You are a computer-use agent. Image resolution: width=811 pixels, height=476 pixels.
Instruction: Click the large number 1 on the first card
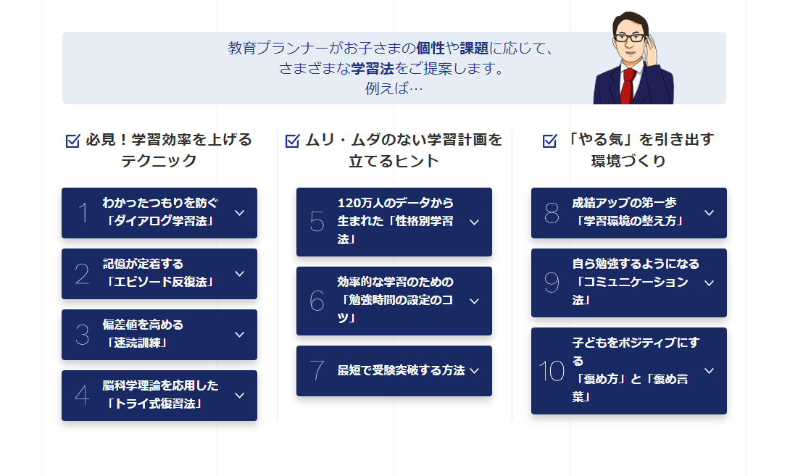(83, 213)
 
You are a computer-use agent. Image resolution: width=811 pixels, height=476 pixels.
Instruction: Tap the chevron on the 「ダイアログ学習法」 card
(239, 213)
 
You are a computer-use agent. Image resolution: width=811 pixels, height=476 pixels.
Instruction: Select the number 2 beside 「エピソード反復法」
(82, 274)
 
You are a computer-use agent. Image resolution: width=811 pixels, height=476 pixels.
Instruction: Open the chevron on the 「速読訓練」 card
(239, 335)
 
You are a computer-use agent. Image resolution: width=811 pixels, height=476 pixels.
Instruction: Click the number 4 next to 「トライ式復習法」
(82, 396)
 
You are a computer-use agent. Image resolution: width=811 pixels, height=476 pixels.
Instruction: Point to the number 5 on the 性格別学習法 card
(317, 222)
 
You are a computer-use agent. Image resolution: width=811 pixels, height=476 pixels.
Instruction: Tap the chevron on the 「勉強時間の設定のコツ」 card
(474, 301)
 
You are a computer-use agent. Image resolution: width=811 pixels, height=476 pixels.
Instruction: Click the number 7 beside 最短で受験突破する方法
(317, 371)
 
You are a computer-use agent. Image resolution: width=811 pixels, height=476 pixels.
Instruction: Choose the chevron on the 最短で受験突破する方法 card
(474, 371)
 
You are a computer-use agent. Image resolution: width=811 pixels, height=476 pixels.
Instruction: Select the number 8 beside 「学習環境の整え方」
(552, 213)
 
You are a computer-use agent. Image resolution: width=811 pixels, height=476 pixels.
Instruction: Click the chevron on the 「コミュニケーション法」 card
(709, 283)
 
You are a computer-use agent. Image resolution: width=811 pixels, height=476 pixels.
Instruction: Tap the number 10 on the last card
(552, 371)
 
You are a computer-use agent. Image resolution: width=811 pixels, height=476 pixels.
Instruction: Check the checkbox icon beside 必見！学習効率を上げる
(73, 140)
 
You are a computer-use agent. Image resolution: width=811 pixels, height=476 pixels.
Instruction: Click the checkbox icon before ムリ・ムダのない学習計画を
(292, 140)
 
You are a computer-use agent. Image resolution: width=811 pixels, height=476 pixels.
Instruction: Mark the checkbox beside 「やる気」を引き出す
(550, 140)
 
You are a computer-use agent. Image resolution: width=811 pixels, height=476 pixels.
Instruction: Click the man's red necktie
(628, 85)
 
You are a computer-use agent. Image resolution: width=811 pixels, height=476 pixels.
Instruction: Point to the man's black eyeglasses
(630, 38)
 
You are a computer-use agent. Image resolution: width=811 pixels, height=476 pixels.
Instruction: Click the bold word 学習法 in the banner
(373, 68)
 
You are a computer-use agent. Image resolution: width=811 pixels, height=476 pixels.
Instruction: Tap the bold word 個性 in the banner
(431, 48)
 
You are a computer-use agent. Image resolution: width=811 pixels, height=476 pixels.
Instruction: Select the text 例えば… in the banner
(394, 88)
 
